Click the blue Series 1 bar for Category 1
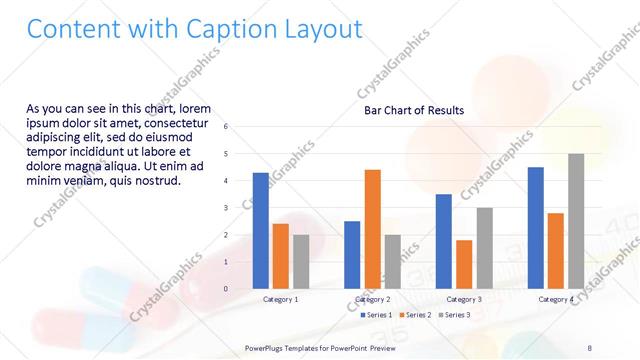coord(261,230)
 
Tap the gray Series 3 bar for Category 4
coord(576,221)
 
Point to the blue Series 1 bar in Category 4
coord(536,227)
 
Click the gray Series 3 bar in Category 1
coord(301,261)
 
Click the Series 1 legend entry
coord(378,315)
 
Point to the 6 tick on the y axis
coord(226,127)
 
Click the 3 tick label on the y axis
coord(226,208)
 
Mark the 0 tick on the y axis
coord(226,289)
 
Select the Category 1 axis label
coord(281,299)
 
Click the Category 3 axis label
coord(464,299)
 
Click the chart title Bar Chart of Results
coord(414,110)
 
